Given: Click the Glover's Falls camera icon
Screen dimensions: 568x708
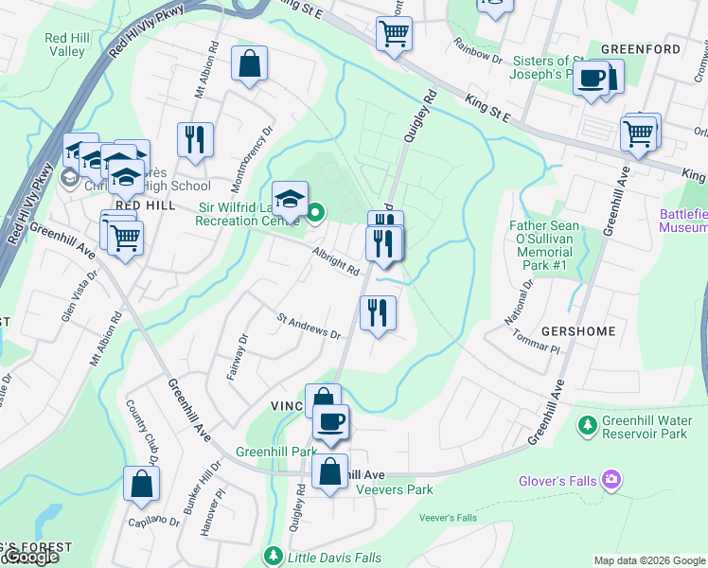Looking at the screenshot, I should (x=611, y=480).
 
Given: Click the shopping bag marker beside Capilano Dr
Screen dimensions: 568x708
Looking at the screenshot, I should (x=141, y=484).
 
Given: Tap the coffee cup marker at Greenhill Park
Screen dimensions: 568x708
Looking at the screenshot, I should (x=330, y=422).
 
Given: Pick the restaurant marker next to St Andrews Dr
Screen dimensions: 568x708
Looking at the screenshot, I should (x=378, y=311).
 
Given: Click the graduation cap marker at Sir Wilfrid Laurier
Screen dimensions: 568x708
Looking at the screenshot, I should (x=291, y=200).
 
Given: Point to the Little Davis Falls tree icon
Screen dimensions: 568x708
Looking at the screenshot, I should (x=274, y=554).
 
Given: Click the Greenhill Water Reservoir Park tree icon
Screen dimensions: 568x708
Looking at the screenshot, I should (x=589, y=424).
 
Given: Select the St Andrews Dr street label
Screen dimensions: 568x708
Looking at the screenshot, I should (x=309, y=328).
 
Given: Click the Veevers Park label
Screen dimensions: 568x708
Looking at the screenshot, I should (x=394, y=489).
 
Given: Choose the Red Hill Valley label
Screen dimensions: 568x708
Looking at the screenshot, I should (x=64, y=44).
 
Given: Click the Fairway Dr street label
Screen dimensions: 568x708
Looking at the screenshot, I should (x=237, y=355).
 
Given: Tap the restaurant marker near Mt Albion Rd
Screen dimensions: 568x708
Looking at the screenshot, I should (x=195, y=139).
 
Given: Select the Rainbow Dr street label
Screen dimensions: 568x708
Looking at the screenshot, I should (x=477, y=49).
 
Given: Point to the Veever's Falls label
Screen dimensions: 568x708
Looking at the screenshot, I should (x=448, y=518).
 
